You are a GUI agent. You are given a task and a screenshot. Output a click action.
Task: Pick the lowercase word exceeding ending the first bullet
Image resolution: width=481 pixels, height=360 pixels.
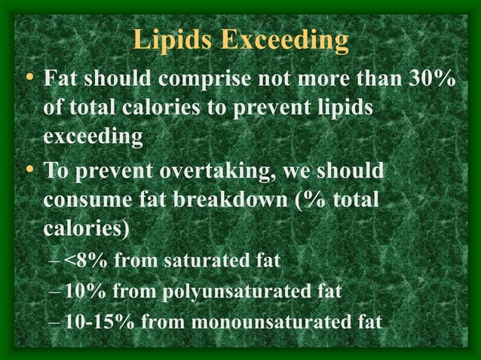coord(93,138)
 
